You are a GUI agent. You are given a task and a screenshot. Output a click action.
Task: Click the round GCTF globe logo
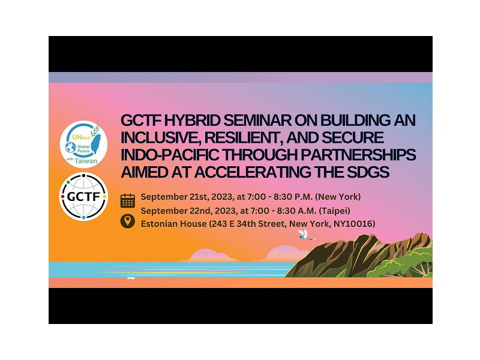[84, 196]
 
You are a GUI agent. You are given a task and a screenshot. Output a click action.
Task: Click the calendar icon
[128, 200]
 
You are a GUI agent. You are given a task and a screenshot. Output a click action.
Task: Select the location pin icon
[128, 221]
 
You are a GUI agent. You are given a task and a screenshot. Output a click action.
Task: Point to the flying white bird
[305, 234]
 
